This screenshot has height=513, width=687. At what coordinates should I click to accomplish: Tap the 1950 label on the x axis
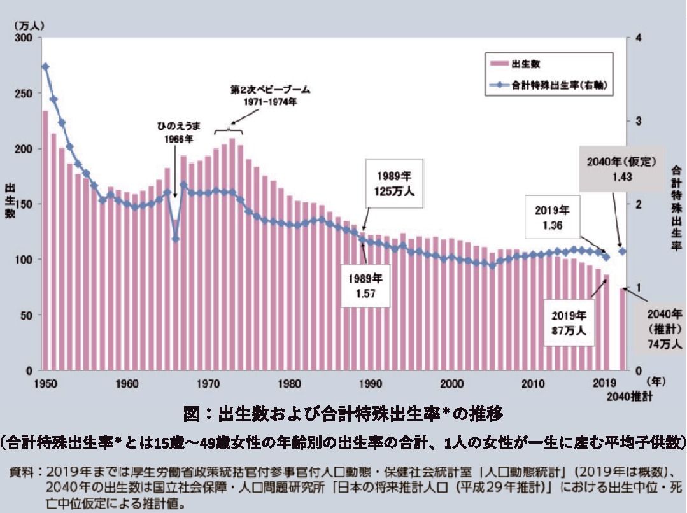pos(45,384)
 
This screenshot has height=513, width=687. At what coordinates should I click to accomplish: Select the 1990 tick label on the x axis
pos(370,384)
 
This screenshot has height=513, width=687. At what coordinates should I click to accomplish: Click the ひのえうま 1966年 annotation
pos(174,130)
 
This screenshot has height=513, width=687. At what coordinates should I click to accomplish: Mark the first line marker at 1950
pos(45,67)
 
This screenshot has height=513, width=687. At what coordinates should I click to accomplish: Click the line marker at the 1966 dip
pos(176,239)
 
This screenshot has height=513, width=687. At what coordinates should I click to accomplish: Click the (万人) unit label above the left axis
pos(26,25)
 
